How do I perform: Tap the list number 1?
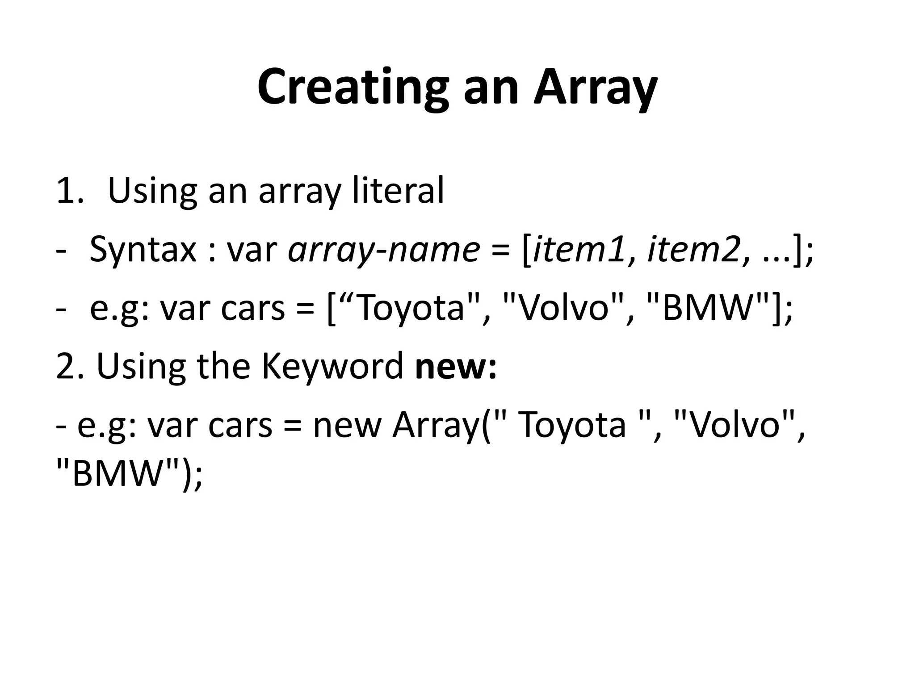click(69, 191)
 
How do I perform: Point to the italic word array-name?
click(384, 250)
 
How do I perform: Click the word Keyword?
click(332, 366)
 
